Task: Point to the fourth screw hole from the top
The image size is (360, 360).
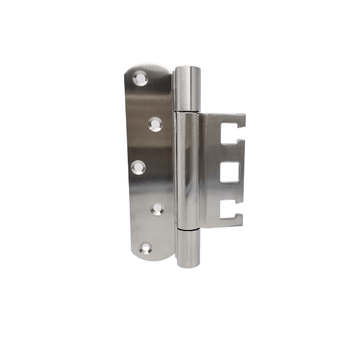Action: tap(157, 208)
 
